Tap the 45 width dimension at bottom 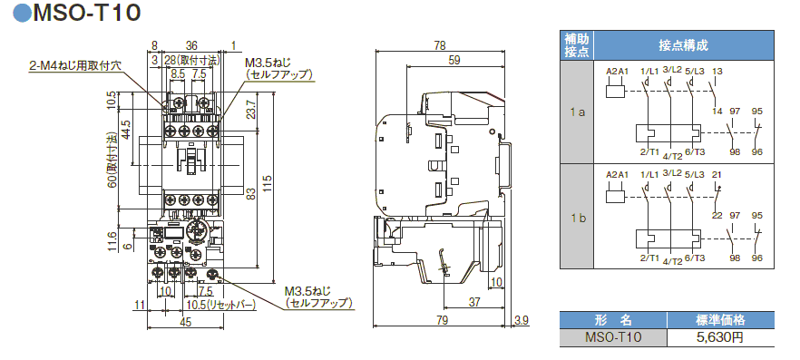tap(185, 321)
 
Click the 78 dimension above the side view tap(440, 45)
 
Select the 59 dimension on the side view tap(454, 61)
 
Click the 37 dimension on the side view tap(475, 302)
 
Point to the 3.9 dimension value tap(520, 320)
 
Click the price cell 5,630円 tap(720, 336)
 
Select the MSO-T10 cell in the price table tap(613, 336)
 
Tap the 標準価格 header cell tap(720, 319)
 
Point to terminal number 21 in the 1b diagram tap(717, 175)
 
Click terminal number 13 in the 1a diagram tap(717, 71)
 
